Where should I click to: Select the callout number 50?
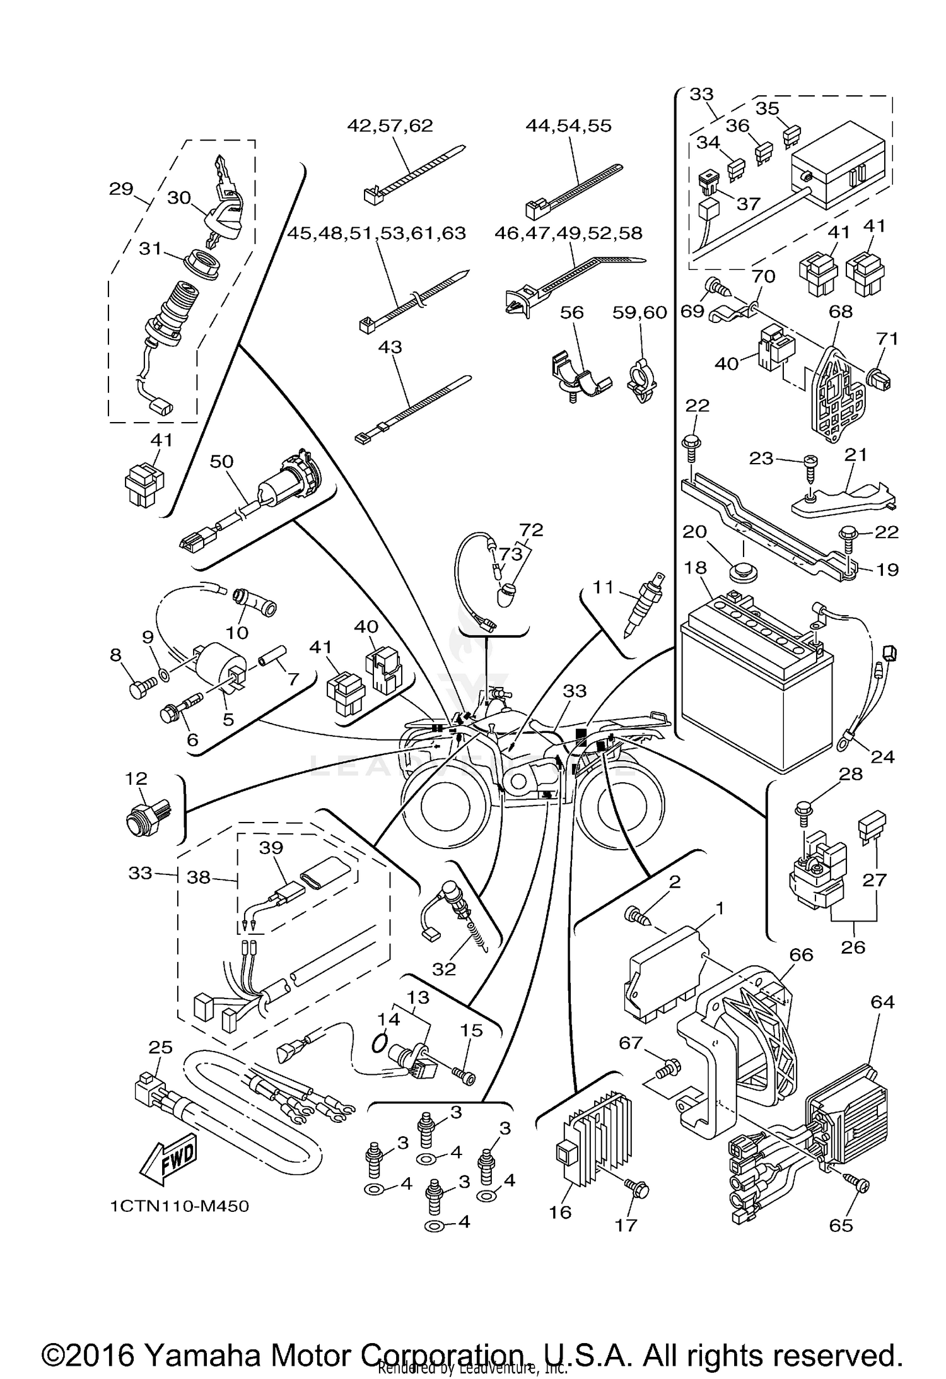pyautogui.click(x=222, y=462)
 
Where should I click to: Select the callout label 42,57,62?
pyautogui.click(x=390, y=126)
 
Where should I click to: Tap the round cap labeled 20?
pyautogui.click(x=743, y=573)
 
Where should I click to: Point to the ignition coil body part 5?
pyautogui.click(x=218, y=666)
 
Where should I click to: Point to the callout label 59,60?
pyautogui.click(x=641, y=313)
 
